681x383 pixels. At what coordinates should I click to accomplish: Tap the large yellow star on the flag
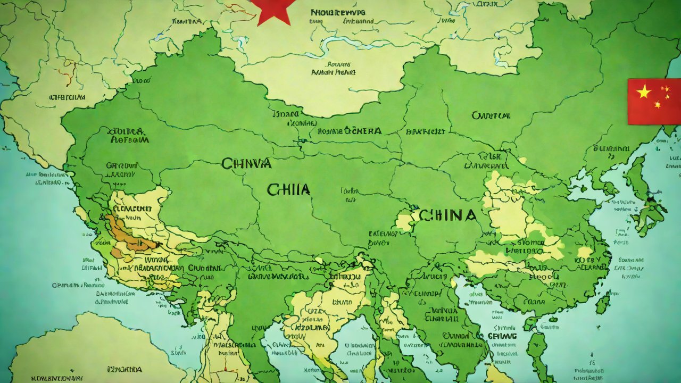click(x=644, y=91)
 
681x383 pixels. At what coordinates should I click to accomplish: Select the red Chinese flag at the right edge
click(x=654, y=101)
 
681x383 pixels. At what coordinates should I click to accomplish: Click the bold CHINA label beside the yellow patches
click(x=447, y=215)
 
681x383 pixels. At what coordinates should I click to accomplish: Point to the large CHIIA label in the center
click(x=289, y=189)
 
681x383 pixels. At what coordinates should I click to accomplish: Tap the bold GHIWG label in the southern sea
click(x=502, y=336)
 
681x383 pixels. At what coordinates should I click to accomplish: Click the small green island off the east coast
click(x=602, y=304)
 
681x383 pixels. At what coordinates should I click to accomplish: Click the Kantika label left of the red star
click(x=187, y=21)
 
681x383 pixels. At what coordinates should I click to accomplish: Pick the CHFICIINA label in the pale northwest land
click(x=67, y=97)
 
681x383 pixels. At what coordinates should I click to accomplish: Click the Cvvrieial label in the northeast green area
click(x=491, y=115)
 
